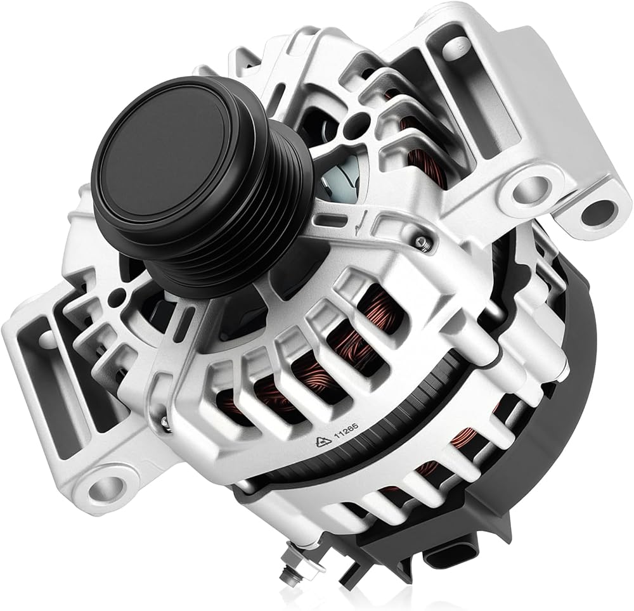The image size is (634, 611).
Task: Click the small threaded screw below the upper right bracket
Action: point(423,241)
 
